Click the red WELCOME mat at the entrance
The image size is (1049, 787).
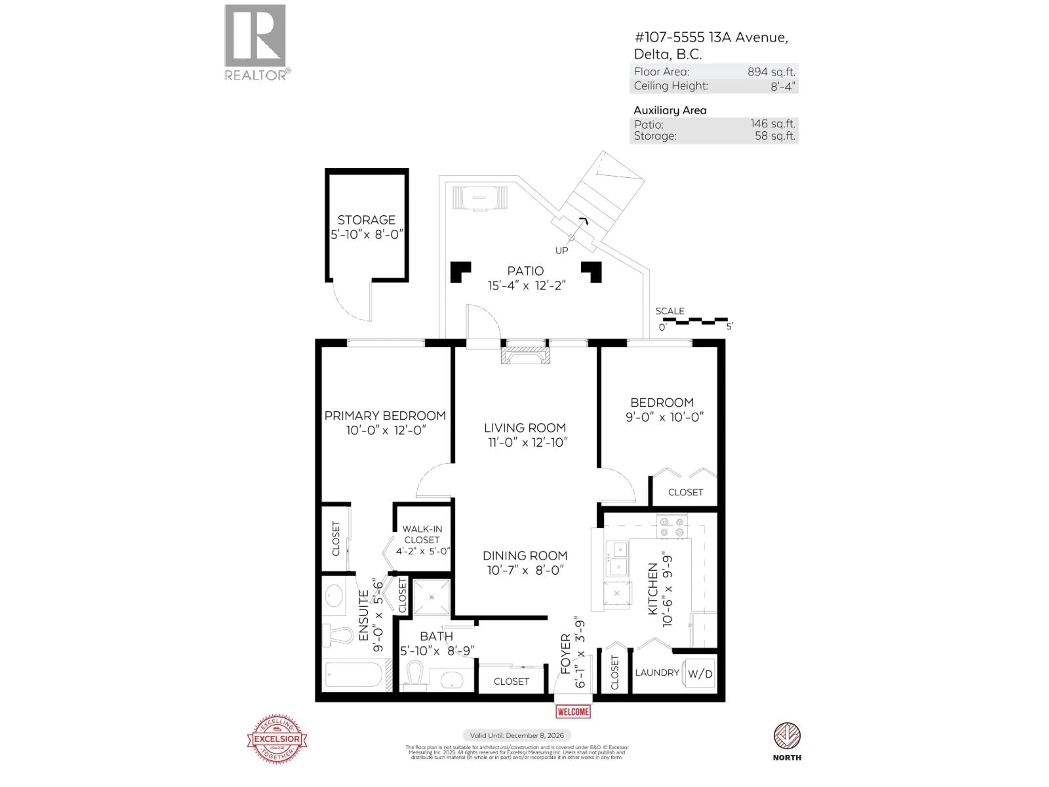[x=573, y=712]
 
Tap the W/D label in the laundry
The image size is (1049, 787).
[x=700, y=674]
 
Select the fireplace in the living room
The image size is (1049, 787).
[x=525, y=355]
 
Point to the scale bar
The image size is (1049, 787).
[x=695, y=321]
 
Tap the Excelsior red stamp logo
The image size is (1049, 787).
[x=277, y=739]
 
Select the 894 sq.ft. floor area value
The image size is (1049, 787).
[x=771, y=72]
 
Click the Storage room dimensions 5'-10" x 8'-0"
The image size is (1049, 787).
[x=367, y=234]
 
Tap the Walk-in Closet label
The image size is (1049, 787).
[x=422, y=534]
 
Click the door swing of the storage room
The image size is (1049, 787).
[x=351, y=304]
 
